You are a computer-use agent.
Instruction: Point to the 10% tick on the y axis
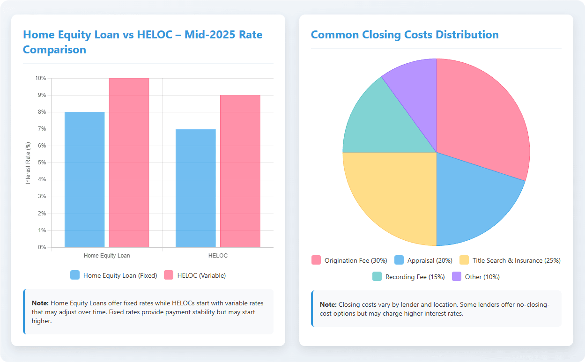pos(41,78)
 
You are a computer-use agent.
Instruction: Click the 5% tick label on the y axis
pos(42,163)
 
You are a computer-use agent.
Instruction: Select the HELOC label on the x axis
pos(218,256)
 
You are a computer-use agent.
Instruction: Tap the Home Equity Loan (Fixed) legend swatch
pos(75,275)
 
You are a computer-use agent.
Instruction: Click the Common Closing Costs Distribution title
pos(405,35)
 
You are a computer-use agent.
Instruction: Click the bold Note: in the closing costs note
pos(328,304)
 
